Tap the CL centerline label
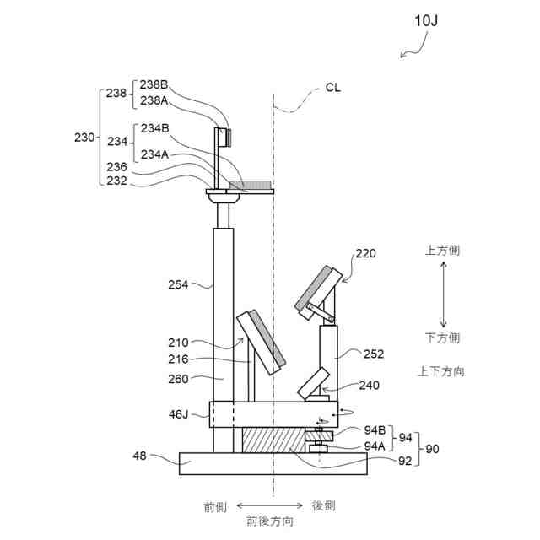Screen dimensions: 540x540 [333, 87]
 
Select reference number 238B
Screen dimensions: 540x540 [154, 84]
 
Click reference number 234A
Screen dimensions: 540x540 [154, 154]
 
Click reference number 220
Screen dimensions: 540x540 [366, 253]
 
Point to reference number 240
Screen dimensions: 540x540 [369, 385]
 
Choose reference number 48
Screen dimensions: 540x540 [141, 456]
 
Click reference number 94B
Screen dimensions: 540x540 [375, 431]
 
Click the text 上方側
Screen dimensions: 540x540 [442, 251]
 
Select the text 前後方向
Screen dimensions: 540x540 [270, 521]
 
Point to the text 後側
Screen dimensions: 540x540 [324, 505]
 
